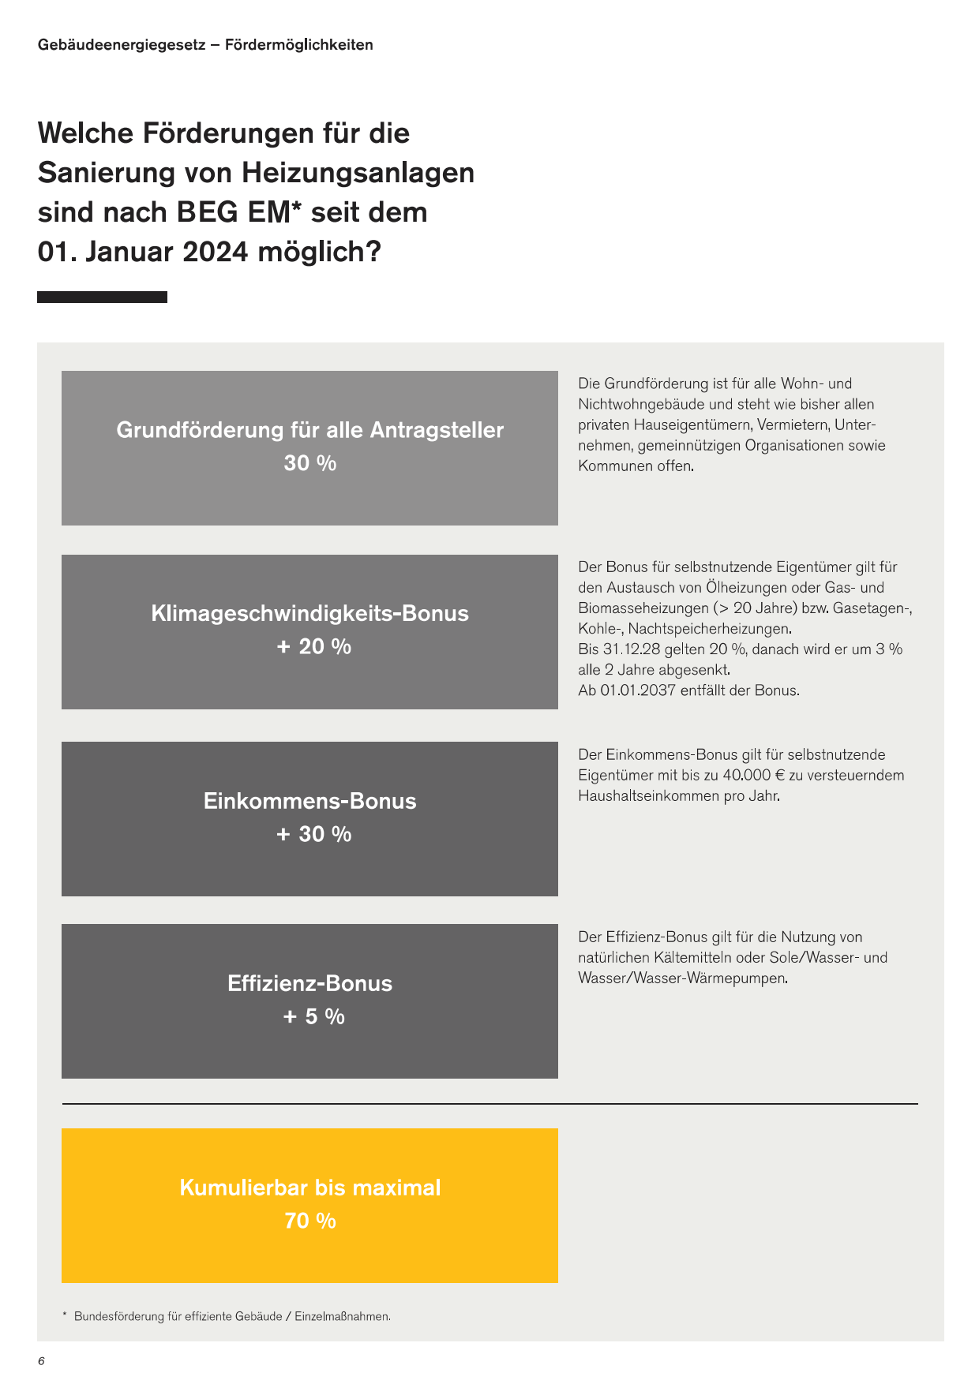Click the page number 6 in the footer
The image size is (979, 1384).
41,1361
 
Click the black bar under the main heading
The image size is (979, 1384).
102,297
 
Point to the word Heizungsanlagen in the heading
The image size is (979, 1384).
358,172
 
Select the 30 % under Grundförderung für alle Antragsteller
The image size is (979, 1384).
309,463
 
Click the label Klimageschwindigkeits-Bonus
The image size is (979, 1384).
309,613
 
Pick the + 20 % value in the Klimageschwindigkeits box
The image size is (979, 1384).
313,646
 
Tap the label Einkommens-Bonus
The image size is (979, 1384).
309,801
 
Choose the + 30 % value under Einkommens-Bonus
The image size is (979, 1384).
313,834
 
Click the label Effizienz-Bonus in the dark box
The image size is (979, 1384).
309,983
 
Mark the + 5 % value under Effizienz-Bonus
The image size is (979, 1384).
313,1016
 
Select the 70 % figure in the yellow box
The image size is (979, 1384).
309,1221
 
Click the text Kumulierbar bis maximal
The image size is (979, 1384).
309,1188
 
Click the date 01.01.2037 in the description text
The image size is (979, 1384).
638,690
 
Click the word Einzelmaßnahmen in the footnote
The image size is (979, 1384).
342,1316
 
